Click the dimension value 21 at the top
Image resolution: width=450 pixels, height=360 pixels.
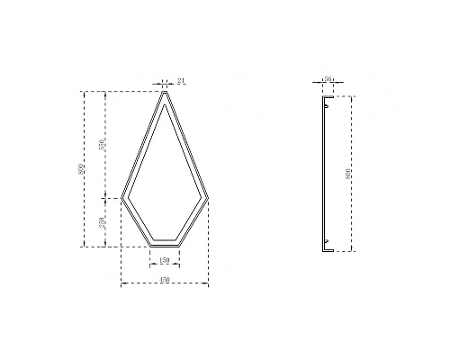181,82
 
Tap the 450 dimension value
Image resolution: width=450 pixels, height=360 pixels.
165,280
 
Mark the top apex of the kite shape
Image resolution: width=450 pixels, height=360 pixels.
165,90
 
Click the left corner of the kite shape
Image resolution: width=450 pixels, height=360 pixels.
121,198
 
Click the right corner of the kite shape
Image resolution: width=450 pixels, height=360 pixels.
208,198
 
